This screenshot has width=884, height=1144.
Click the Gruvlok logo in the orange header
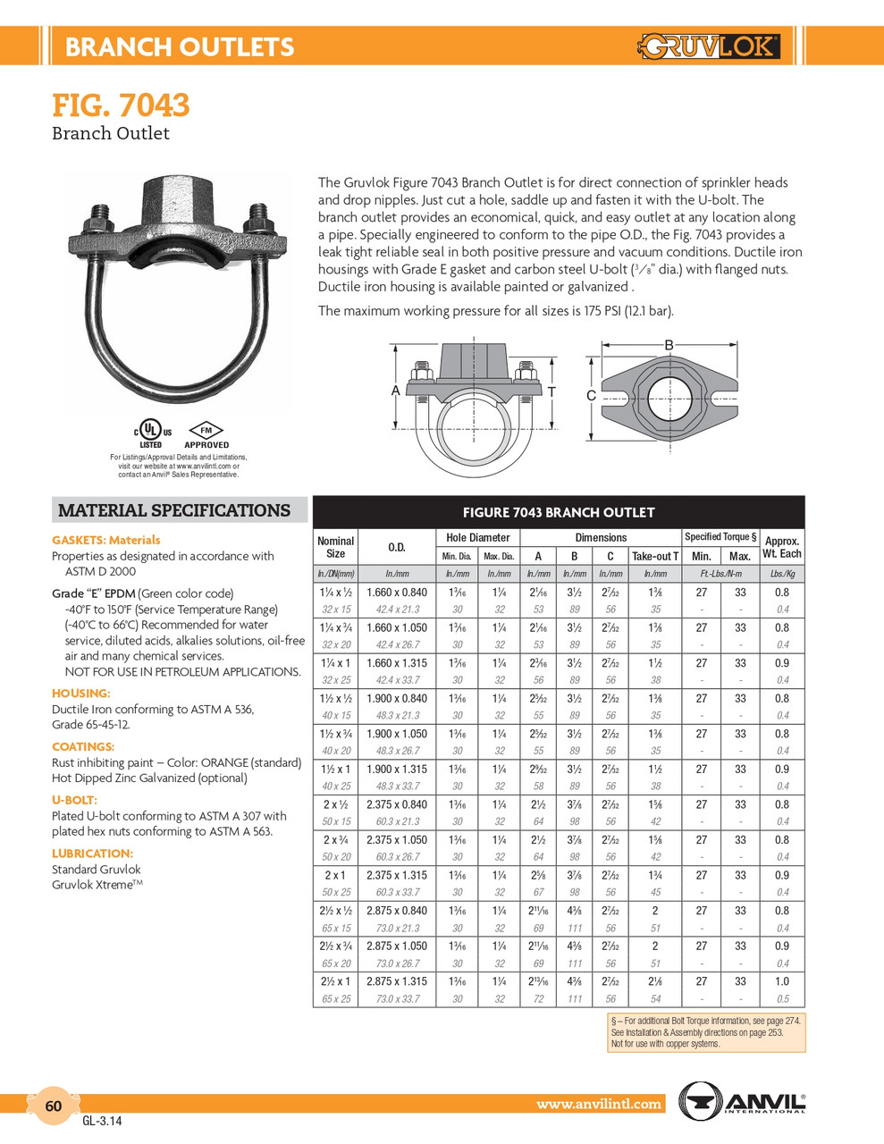pyautogui.click(x=710, y=46)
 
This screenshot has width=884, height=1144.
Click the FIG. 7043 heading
pyautogui.click(x=121, y=105)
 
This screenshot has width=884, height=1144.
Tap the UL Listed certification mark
pyautogui.click(x=150, y=432)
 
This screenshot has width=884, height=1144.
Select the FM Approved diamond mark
pyautogui.click(x=206, y=433)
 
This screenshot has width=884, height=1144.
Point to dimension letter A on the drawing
pyautogui.click(x=395, y=391)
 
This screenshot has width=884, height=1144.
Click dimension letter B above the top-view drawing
pyautogui.click(x=669, y=345)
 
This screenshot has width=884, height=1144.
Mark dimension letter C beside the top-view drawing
pyautogui.click(x=591, y=395)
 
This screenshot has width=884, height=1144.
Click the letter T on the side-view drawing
pyautogui.click(x=551, y=391)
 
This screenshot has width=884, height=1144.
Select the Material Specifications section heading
pyautogui.click(x=174, y=510)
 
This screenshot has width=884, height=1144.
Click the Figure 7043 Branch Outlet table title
pyautogui.click(x=558, y=512)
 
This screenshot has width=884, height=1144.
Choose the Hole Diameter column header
pyautogui.click(x=477, y=537)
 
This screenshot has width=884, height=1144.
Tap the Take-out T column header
pyautogui.click(x=655, y=556)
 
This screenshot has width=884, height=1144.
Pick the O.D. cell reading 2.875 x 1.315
pyautogui.click(x=397, y=980)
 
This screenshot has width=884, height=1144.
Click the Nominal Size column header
pyautogui.click(x=335, y=547)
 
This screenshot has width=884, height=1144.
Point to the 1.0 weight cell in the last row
pyautogui.click(x=782, y=980)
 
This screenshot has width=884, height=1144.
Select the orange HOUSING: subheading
pyautogui.click(x=81, y=693)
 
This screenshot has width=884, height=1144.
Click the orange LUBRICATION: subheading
pyautogui.click(x=92, y=854)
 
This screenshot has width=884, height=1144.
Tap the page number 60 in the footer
pyautogui.click(x=54, y=1106)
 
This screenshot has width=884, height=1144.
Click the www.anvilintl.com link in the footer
pyautogui.click(x=599, y=1104)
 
